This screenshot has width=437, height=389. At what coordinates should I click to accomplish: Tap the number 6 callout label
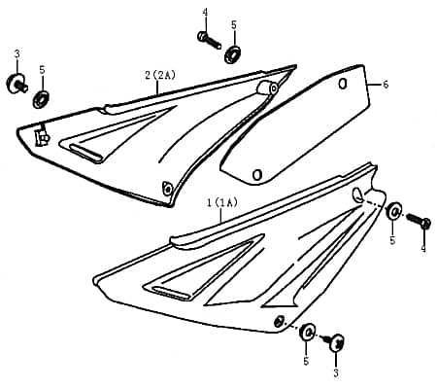pyautogui.click(x=386, y=86)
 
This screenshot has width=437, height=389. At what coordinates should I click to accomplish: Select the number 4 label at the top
pyautogui.click(x=205, y=12)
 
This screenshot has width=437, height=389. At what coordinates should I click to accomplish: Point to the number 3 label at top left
pyautogui.click(x=17, y=54)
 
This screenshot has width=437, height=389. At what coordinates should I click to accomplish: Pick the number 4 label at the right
pyautogui.click(x=423, y=249)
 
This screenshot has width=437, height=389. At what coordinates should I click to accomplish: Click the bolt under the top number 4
pyautogui.click(x=206, y=39)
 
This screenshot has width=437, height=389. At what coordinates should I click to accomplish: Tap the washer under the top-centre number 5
pyautogui.click(x=233, y=53)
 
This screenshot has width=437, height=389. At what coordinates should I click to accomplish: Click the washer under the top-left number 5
pyautogui.click(x=43, y=98)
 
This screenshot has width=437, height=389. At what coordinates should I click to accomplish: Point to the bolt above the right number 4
pyautogui.click(x=420, y=221)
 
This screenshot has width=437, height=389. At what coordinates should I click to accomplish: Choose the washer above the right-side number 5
pyautogui.click(x=394, y=212)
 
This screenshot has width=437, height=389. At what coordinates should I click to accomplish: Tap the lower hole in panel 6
pyautogui.click(x=256, y=175)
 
